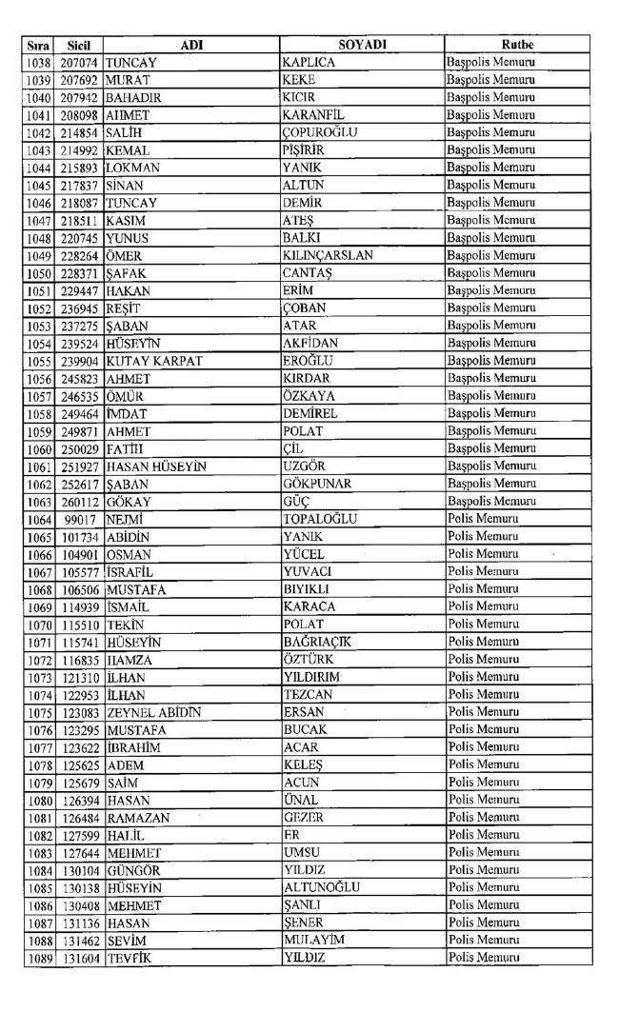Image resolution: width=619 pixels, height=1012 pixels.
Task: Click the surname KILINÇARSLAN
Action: [x=328, y=255]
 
